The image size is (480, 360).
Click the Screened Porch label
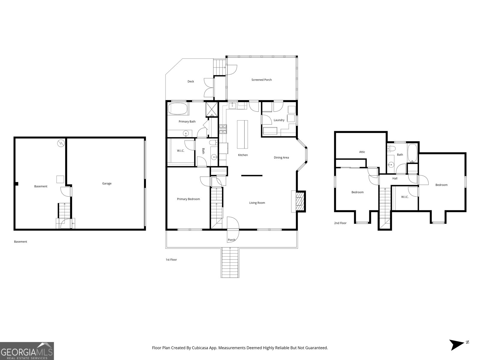(x=261, y=80)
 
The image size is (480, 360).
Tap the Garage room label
(x=107, y=184)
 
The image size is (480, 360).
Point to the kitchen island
(x=243, y=134)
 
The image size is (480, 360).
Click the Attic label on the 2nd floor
(x=362, y=152)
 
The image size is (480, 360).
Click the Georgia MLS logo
(x=27, y=351)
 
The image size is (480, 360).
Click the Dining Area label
(x=281, y=157)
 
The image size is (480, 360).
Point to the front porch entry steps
(x=230, y=263)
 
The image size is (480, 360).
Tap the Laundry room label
(x=279, y=120)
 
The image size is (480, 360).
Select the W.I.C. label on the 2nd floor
(x=405, y=197)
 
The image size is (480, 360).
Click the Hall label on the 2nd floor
(x=395, y=178)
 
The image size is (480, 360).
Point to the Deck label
(x=190, y=82)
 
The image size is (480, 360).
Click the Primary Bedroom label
(x=188, y=199)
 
